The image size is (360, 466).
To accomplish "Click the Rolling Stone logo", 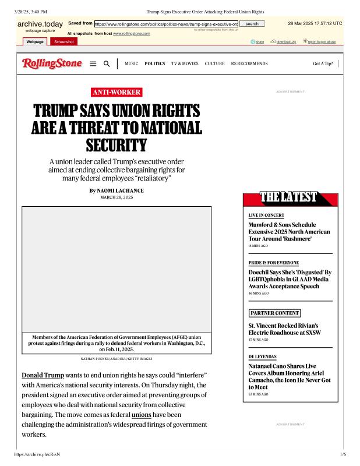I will (x=52, y=63).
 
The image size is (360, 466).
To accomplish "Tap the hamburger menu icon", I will (x=93, y=63).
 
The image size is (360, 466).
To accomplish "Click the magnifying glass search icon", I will (x=107, y=63).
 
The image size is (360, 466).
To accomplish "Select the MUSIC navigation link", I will (x=132, y=63).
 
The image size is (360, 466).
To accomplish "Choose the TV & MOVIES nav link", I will (x=185, y=63).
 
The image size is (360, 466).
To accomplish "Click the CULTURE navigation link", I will (x=214, y=63).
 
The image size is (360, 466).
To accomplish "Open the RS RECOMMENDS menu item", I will (x=249, y=63).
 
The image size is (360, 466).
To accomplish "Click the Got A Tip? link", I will (x=323, y=63).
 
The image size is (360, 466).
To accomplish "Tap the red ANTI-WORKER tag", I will (x=117, y=92).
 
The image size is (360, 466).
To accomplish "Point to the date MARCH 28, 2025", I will (x=117, y=197).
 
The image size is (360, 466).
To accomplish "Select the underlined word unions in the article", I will (x=141, y=414).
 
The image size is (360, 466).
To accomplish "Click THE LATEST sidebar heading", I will (x=290, y=197).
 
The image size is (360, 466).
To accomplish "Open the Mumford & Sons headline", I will (x=289, y=231).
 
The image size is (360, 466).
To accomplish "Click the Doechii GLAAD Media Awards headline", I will (x=290, y=279).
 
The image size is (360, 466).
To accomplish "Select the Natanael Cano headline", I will (x=290, y=376).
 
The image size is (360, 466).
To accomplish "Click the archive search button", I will (x=252, y=23).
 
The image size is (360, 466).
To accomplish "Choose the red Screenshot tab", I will (x=61, y=41).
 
